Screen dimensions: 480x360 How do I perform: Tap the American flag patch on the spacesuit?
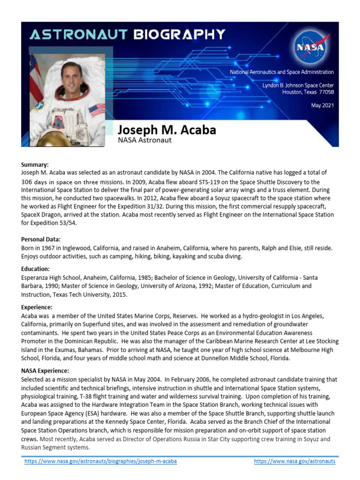tap(97, 111)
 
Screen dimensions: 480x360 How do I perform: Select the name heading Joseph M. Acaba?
tap(166, 129)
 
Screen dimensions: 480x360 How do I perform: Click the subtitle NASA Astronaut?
tap(144, 140)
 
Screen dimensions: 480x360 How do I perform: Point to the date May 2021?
tap(322, 105)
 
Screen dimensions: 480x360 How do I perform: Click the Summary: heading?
tap(35, 165)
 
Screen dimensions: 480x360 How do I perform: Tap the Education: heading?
tap(35, 269)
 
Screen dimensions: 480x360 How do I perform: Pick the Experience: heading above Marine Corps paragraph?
tap(37, 307)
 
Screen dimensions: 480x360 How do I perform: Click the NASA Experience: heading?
tap(45, 371)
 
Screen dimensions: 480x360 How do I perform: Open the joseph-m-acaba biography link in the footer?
tap(101, 461)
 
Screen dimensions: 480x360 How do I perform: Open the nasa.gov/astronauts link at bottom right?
tap(294, 461)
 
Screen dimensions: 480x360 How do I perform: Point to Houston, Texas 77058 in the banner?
tap(308, 92)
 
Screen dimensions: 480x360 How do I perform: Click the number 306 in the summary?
tap(27, 182)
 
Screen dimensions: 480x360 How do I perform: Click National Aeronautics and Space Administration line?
tap(281, 72)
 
